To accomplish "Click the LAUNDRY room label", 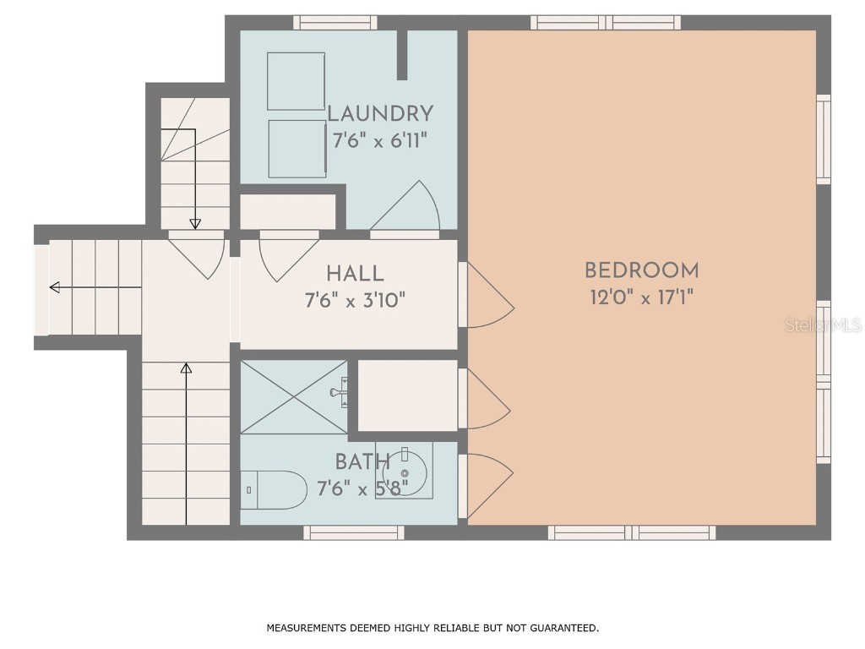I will tap(379, 114).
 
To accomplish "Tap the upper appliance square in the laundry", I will tap(296, 81).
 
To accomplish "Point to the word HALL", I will tap(355, 274).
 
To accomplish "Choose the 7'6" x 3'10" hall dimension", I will tap(360, 300).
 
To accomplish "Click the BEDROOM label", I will tap(642, 271).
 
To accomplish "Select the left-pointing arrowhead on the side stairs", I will tap(54, 287).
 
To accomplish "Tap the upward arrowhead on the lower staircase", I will tap(186, 368).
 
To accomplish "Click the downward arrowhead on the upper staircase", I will tap(195, 224).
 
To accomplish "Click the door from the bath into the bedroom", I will tap(488, 485).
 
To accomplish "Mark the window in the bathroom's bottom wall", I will tap(353, 532).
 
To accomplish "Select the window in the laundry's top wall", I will tap(335, 22).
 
